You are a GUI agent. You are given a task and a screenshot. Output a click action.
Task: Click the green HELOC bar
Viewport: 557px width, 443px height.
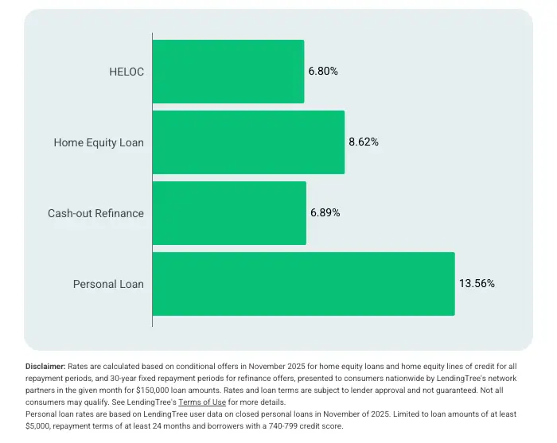click(228, 72)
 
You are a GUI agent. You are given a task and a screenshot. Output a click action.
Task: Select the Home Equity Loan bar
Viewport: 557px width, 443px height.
click(248, 142)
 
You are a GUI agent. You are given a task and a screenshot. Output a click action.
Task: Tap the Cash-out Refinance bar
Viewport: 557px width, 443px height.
click(229, 213)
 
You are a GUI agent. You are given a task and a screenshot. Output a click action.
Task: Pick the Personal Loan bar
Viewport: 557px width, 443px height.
click(303, 284)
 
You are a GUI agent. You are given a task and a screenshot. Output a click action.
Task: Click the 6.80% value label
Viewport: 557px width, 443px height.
click(323, 72)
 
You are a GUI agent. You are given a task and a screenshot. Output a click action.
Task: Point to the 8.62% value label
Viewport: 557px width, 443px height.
click(364, 142)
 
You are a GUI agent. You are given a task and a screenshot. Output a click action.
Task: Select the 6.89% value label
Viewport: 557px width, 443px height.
click(325, 213)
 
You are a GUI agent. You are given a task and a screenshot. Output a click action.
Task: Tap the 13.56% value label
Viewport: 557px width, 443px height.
click(477, 284)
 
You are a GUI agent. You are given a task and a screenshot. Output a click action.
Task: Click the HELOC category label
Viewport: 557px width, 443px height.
click(127, 72)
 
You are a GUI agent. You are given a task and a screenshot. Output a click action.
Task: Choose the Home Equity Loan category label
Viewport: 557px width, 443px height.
click(99, 142)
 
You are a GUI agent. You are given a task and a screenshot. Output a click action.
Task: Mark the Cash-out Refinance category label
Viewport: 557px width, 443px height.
click(95, 213)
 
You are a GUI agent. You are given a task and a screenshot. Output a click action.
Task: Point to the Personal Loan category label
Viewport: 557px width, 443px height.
click(108, 284)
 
